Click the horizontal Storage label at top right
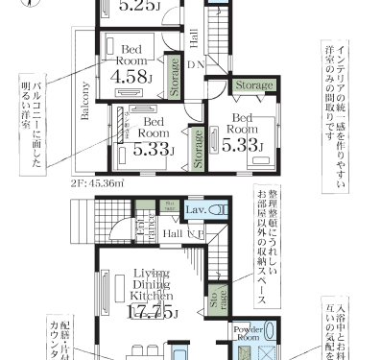click(x=253, y=85)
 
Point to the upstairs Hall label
click(x=195, y=37)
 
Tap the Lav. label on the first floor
click(x=194, y=208)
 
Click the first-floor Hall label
click(x=174, y=233)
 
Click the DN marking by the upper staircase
click(x=195, y=65)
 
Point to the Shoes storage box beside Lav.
click(x=170, y=205)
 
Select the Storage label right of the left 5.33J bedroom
click(x=199, y=148)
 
